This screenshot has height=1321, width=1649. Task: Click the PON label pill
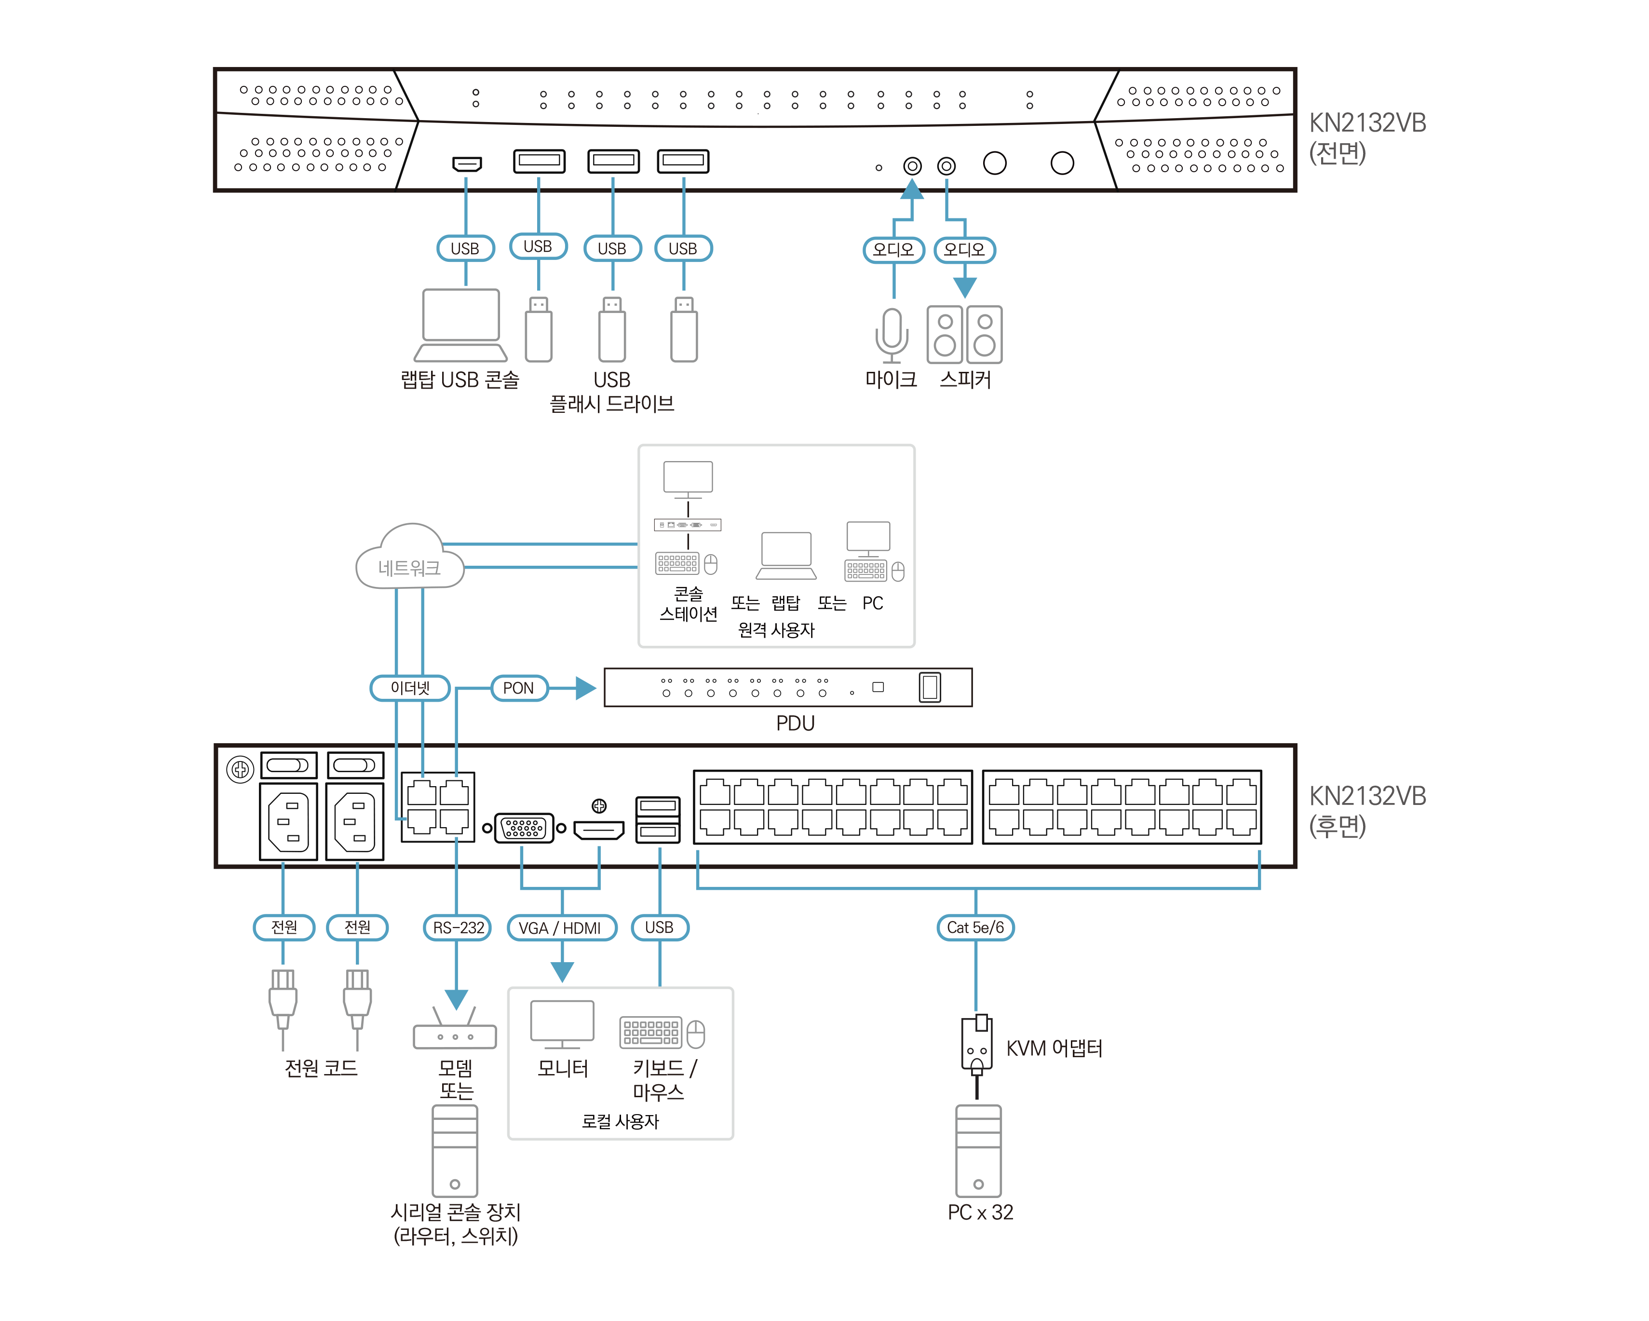click(518, 688)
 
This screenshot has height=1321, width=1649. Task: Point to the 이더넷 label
click(410, 688)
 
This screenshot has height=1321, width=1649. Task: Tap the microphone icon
click(892, 335)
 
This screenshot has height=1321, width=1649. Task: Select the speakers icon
click(964, 335)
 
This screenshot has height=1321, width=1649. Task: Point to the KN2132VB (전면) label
click(1366, 137)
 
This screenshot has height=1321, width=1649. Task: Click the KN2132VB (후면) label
click(1366, 810)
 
